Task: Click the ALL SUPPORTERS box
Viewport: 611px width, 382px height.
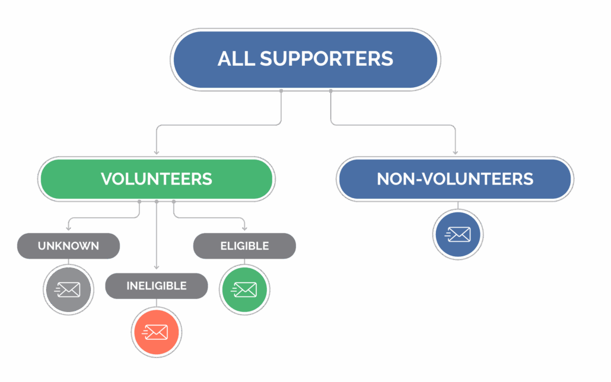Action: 305,59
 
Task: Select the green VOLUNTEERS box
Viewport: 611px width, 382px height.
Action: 156,179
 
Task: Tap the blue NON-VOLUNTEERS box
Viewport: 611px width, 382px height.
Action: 455,179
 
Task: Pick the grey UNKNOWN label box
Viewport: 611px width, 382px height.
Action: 68,246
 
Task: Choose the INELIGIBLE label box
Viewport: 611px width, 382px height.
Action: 157,286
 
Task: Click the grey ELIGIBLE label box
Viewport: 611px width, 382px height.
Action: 244,246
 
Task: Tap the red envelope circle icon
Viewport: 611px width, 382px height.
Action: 157,332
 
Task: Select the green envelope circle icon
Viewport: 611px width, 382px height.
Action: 244,290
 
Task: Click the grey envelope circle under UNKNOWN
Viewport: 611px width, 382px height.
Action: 69,290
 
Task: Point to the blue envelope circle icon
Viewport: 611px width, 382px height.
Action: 457,235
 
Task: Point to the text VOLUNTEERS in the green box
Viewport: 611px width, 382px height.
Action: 156,179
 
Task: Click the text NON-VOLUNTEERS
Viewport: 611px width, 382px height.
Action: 455,179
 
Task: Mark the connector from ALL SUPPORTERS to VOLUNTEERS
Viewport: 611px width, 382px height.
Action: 219,125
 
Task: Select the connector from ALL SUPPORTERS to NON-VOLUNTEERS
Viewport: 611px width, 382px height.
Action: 392,125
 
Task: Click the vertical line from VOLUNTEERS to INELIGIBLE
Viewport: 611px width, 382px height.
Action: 157,237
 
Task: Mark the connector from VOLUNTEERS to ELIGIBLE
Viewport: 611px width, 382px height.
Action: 208,219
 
